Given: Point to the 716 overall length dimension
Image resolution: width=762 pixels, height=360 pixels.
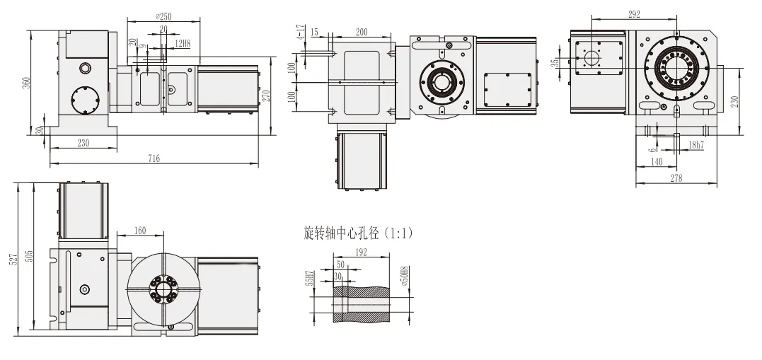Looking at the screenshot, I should coord(154,159).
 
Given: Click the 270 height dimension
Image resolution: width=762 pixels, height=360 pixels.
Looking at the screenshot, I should coord(266,95).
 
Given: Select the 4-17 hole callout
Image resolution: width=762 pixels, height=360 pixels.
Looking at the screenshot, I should coord(301,32).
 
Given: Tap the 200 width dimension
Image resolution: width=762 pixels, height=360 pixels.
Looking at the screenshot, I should coord(362,32).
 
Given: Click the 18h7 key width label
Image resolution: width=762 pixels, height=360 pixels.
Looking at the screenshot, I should coord(696,145).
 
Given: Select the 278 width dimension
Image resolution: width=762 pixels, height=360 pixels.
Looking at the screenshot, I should coord(676,179).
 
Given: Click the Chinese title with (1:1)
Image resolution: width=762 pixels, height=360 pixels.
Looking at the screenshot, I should coord(357,233).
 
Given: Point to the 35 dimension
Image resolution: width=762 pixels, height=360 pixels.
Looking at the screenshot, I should coord(556,62).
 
